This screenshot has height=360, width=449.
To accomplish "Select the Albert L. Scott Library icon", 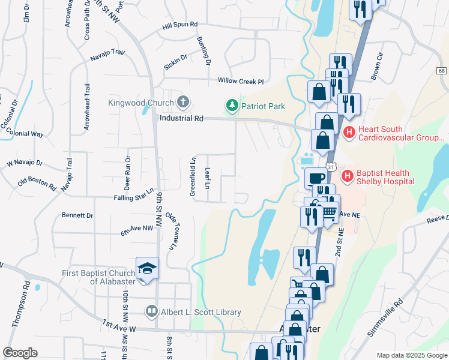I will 152,312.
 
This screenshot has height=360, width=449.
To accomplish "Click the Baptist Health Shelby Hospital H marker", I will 346,176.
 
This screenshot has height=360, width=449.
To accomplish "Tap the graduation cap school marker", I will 148,268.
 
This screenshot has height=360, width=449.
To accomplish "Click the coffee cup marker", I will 315,178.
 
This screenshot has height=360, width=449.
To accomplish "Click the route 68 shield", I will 441,70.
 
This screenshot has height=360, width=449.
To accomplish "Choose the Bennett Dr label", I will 77,215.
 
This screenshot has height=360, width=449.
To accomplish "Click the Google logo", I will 20,353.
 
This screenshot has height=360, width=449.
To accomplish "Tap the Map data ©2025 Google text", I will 411,355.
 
